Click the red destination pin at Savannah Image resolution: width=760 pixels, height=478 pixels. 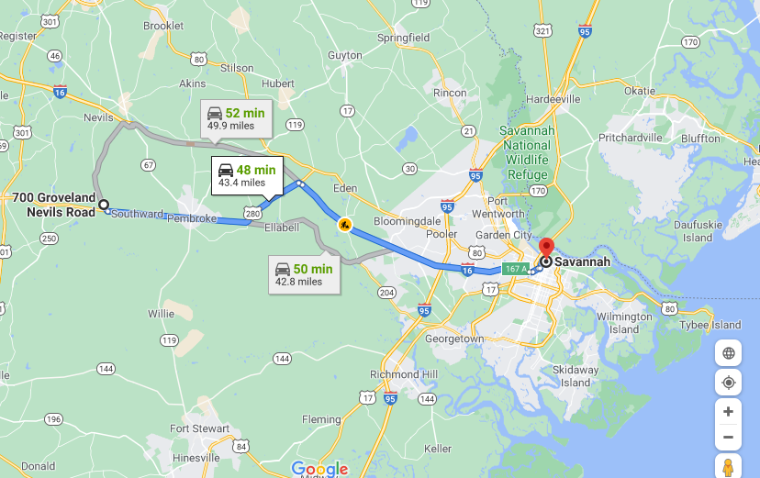547,248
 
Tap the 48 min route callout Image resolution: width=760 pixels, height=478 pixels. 245,175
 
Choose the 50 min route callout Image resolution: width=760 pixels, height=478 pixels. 303,274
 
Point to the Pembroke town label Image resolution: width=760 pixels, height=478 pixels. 191,218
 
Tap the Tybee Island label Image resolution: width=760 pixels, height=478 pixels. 711,325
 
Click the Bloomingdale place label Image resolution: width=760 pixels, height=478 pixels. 408,221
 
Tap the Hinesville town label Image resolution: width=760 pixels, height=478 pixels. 196,457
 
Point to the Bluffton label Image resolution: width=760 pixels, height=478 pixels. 701,139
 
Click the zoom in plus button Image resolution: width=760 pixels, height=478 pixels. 728,412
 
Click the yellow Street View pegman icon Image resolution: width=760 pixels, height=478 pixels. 728,466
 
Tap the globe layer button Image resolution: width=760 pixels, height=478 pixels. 728,353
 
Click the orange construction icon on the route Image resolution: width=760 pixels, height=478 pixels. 344,225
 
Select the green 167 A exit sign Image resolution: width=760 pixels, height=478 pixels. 516,269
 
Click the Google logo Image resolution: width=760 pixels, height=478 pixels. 319,469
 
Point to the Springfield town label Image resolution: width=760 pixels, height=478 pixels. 403,38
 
